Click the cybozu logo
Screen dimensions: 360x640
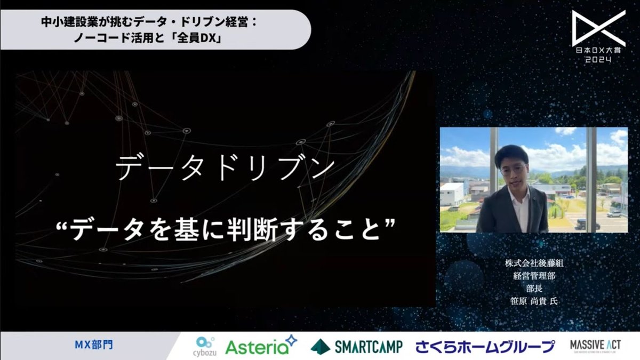205,345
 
